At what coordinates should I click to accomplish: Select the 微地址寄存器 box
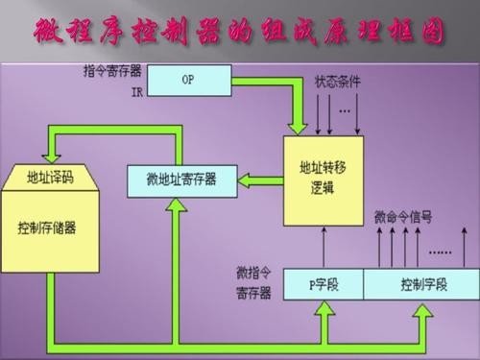click(x=180, y=180)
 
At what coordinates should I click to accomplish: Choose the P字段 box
click(x=321, y=285)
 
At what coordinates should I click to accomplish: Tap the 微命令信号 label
click(x=403, y=218)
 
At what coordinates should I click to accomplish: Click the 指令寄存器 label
click(x=111, y=71)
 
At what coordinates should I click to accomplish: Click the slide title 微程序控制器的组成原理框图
click(x=240, y=34)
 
